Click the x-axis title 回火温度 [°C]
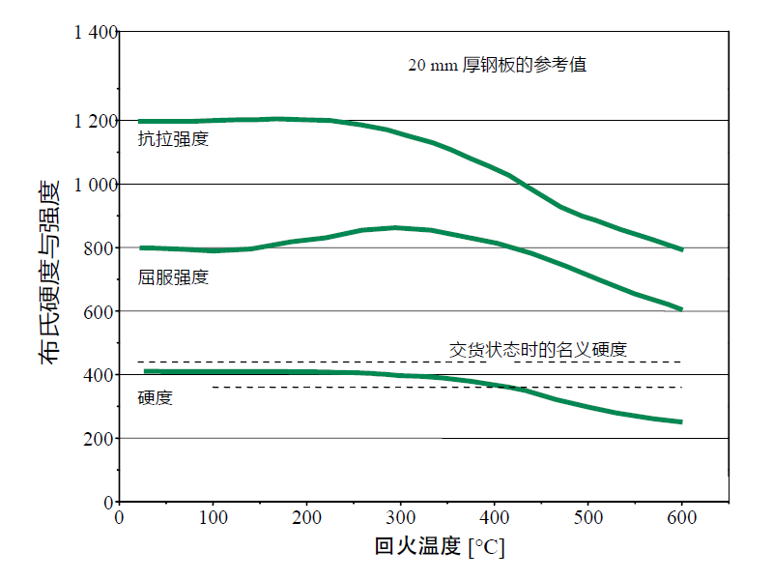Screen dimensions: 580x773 (440, 547)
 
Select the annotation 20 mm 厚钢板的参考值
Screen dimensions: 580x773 (497, 66)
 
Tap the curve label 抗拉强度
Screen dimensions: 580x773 (173, 138)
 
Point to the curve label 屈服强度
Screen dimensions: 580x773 (173, 277)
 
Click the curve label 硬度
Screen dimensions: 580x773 (156, 397)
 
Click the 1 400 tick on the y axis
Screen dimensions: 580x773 (95, 33)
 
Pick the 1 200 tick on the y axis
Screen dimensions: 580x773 (95, 121)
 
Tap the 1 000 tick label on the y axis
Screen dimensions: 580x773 (95, 185)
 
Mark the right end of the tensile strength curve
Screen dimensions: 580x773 (682, 249)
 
